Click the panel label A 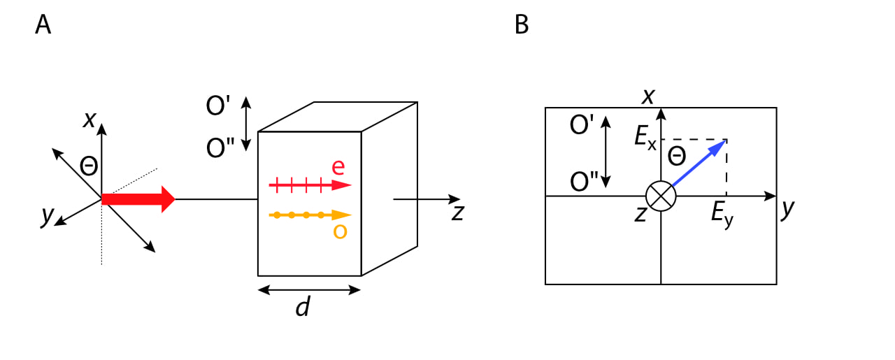(43, 24)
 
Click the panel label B (522, 24)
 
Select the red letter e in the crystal (338, 167)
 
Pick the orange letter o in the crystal (340, 231)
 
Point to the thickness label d (302, 306)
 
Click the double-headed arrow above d (309, 289)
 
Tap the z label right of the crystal (457, 211)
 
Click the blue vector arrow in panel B (699, 164)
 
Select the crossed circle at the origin (661, 196)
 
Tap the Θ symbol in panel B (677, 156)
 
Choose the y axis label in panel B (788, 209)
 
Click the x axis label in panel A (89, 120)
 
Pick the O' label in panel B (582, 125)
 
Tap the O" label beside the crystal (220, 148)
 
